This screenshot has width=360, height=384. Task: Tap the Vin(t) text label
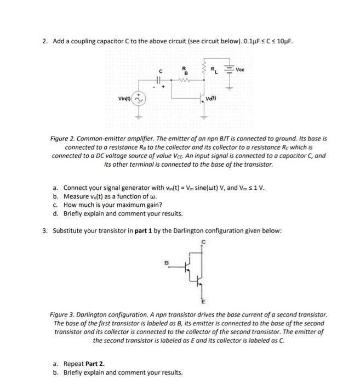124,99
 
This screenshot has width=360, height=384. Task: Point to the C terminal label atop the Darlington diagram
204,242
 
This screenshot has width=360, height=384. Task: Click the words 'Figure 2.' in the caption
63,139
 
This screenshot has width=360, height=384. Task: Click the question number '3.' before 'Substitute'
46,230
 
